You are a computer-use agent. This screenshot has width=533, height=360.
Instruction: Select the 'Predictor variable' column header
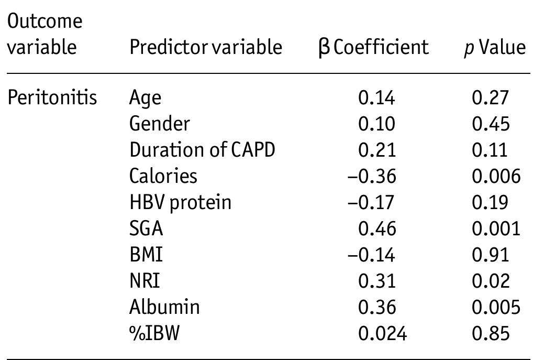click(x=206, y=48)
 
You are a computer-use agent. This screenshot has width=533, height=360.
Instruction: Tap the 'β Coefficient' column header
click(x=373, y=48)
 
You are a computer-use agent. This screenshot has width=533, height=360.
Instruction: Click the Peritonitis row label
click(x=52, y=98)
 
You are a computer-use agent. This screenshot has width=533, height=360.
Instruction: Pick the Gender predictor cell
click(x=160, y=124)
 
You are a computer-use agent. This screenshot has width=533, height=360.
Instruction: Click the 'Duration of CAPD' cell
click(x=202, y=150)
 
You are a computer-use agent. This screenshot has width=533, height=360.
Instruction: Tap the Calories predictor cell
click(x=163, y=176)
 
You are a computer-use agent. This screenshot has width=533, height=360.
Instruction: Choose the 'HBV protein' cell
click(x=180, y=202)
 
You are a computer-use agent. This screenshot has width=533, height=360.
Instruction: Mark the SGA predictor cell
click(x=146, y=228)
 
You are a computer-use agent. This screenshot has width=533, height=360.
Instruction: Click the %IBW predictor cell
click(x=154, y=333)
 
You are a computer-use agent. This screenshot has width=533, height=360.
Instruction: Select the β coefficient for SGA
click(x=376, y=228)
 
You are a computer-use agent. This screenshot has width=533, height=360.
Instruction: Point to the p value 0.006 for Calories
click(x=496, y=176)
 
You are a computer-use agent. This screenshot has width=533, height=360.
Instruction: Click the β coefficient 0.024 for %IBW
click(x=382, y=333)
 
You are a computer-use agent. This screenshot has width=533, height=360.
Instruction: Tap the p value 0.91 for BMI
click(x=490, y=255)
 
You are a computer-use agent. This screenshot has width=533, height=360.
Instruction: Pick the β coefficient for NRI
click(x=376, y=281)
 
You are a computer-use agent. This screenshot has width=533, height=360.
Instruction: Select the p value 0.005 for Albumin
click(x=496, y=307)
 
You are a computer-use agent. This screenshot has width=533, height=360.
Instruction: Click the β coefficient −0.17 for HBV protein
click(x=372, y=202)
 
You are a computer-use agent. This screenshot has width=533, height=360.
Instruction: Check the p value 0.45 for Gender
click(x=490, y=124)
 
